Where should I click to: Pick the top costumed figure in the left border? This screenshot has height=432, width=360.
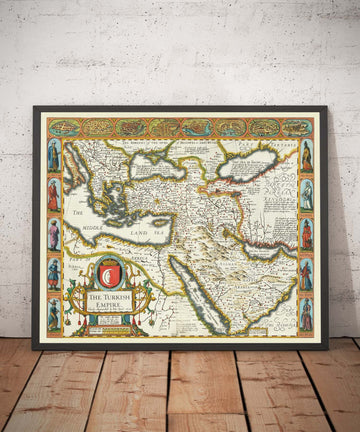[x=54, y=156]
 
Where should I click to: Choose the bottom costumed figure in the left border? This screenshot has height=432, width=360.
[x=54, y=314]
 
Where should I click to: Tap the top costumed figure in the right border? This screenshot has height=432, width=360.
[x=306, y=155]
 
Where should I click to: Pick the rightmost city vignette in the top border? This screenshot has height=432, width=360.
[x=296, y=128]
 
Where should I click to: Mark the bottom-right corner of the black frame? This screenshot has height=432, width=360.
[x=327, y=348]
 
